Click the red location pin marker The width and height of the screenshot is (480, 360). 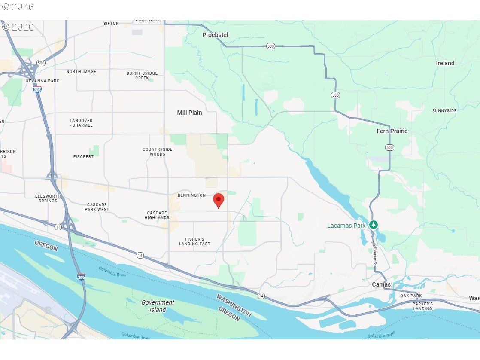click(x=219, y=201)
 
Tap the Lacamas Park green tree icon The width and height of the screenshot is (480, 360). click(x=374, y=225)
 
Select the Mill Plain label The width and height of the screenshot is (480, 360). click(x=189, y=113)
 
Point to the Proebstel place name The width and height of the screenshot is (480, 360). click(x=215, y=35)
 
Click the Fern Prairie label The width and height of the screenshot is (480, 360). click(x=392, y=131)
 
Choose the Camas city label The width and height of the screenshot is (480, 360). click(x=381, y=285)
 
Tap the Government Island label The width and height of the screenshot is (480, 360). click(x=158, y=306)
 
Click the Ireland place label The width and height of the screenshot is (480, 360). click(x=445, y=63)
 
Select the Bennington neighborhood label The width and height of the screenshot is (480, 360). click(x=192, y=195)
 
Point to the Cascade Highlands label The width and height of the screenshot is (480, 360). click(x=157, y=215)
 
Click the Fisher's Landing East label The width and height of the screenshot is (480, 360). click(x=195, y=241)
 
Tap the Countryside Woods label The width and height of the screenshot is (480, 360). click(x=158, y=152)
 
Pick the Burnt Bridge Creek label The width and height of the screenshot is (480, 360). click(x=142, y=76)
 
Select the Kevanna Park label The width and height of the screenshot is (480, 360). click(x=43, y=81)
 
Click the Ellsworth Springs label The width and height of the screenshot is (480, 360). click(x=48, y=198)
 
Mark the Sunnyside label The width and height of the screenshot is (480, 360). click(x=444, y=111)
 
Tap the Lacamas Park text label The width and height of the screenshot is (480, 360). click(x=346, y=226)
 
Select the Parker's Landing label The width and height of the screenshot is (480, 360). click(x=422, y=306)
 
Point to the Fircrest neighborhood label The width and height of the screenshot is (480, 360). click(x=83, y=157)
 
